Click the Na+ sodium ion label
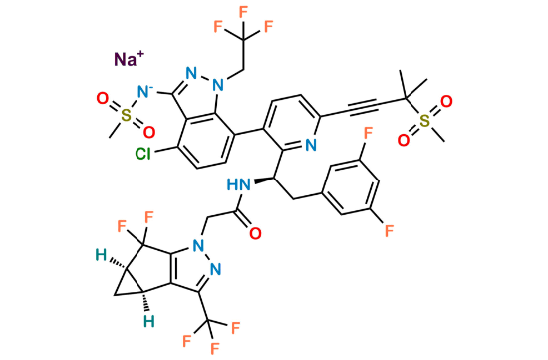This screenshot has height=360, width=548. tap(128, 60)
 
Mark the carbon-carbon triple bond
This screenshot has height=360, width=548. tap(357, 100)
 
